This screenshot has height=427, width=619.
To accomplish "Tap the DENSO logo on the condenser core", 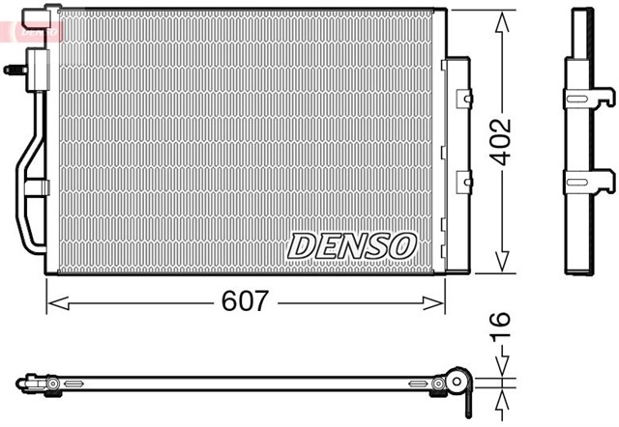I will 351,245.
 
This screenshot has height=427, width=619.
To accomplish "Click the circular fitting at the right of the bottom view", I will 455,384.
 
